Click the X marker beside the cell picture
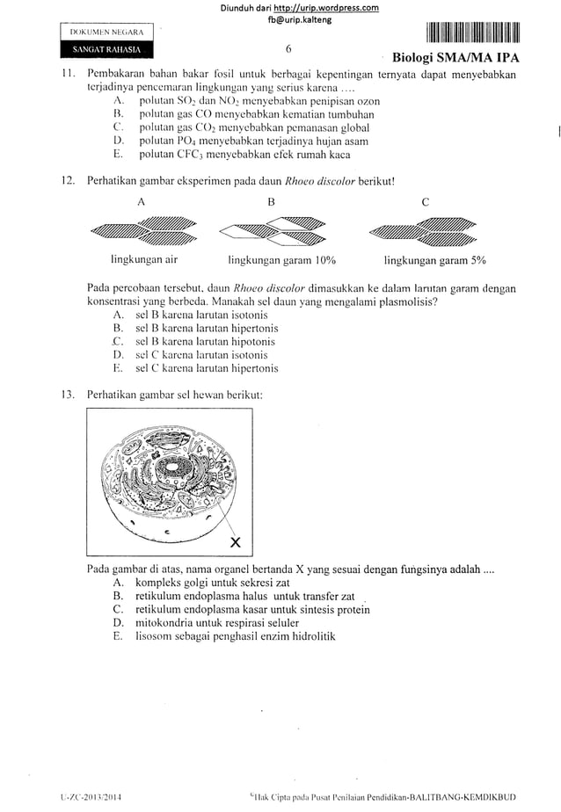pos(236,540)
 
